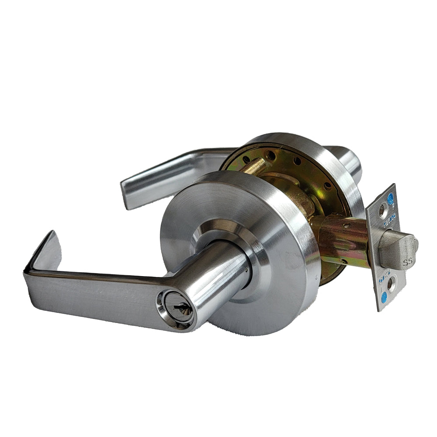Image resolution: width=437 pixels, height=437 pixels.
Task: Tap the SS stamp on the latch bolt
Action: tap(407, 262)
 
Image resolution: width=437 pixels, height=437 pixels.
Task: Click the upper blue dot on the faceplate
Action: tap(390, 199)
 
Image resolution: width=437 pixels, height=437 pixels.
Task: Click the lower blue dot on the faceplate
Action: tap(385, 301)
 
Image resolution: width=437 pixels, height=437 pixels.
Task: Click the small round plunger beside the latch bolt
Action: tap(416, 245)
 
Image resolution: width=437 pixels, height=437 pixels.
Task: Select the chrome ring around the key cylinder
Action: tap(175, 312)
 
